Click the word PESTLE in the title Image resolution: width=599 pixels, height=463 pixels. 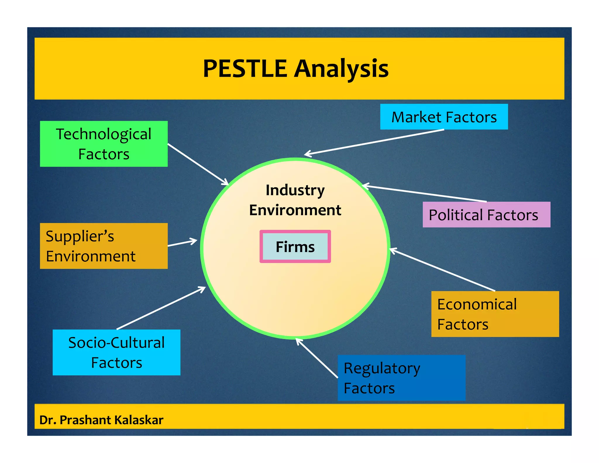point(245,69)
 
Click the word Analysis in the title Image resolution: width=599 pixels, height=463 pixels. point(341,69)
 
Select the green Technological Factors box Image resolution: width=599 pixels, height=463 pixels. point(104,144)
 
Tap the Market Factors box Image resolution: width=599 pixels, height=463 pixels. point(444,117)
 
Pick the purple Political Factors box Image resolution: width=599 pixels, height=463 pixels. point(486,215)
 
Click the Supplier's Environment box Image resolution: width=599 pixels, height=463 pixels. point(104,246)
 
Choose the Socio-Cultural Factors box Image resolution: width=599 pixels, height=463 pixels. point(116,352)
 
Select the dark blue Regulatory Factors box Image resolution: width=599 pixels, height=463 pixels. point(401,378)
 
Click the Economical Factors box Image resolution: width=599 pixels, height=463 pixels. point(495,314)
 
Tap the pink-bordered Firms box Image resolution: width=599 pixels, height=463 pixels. point(295,246)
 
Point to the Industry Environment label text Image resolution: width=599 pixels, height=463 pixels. point(295,200)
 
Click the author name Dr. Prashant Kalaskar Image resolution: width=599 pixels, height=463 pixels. point(101,420)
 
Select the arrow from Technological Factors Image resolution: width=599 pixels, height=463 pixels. point(198,164)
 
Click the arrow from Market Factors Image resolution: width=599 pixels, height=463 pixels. point(374,142)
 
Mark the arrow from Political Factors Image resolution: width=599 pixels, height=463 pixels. point(424,193)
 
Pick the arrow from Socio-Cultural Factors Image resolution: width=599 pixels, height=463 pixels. point(161,308)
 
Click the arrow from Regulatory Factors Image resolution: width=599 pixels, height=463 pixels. point(317,358)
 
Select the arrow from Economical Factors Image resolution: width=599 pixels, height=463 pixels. point(442,270)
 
